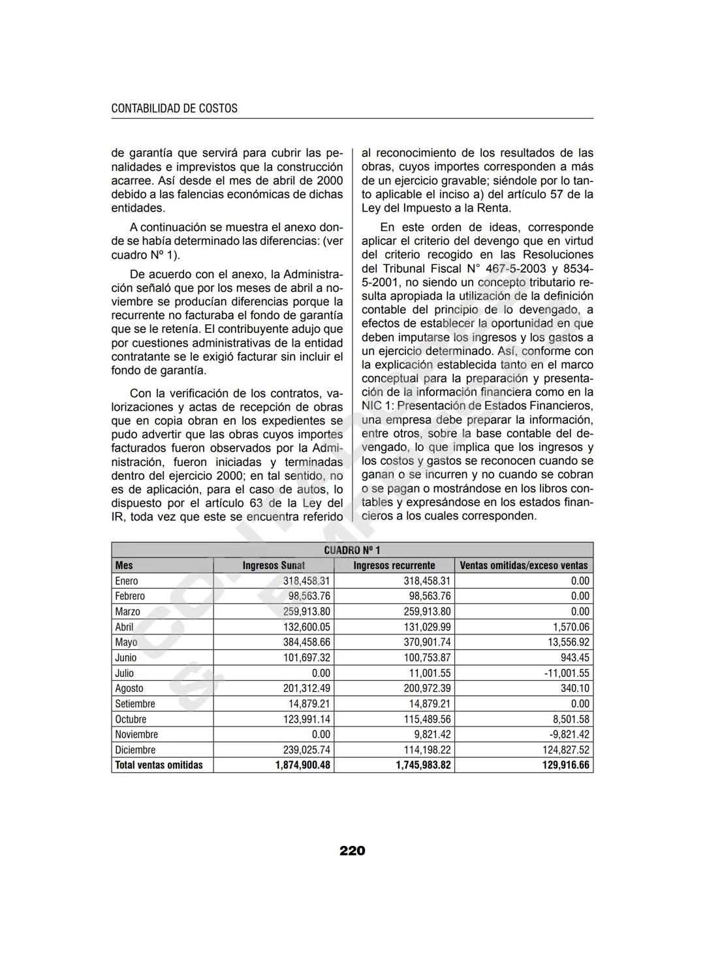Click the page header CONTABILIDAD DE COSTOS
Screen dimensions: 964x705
tap(174, 108)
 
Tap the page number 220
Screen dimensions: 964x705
tap(352, 850)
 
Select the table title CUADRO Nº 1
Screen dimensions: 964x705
tap(352, 550)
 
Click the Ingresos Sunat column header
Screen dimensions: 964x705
tap(274, 565)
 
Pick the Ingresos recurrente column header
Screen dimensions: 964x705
tap(394, 565)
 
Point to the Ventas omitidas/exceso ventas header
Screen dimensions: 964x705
tap(524, 565)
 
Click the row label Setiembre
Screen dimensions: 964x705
tap(135, 704)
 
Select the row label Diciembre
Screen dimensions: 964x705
tap(135, 750)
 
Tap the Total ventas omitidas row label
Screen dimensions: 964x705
tap(159, 765)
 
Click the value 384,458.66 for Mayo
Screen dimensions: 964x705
tap(306, 642)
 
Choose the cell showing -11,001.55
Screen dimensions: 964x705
tap(566, 673)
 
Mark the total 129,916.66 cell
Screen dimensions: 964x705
tap(565, 765)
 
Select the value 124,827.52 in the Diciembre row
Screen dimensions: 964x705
tap(565, 750)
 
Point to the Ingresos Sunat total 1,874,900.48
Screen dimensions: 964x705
tap(302, 765)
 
